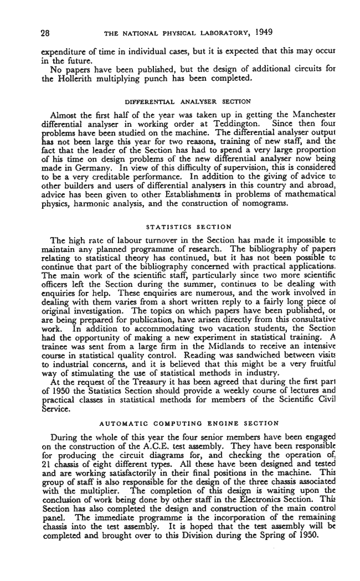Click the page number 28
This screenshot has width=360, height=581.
pyautogui.click(x=46, y=32)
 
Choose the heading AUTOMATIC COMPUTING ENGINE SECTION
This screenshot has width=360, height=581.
pyautogui.click(x=188, y=423)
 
